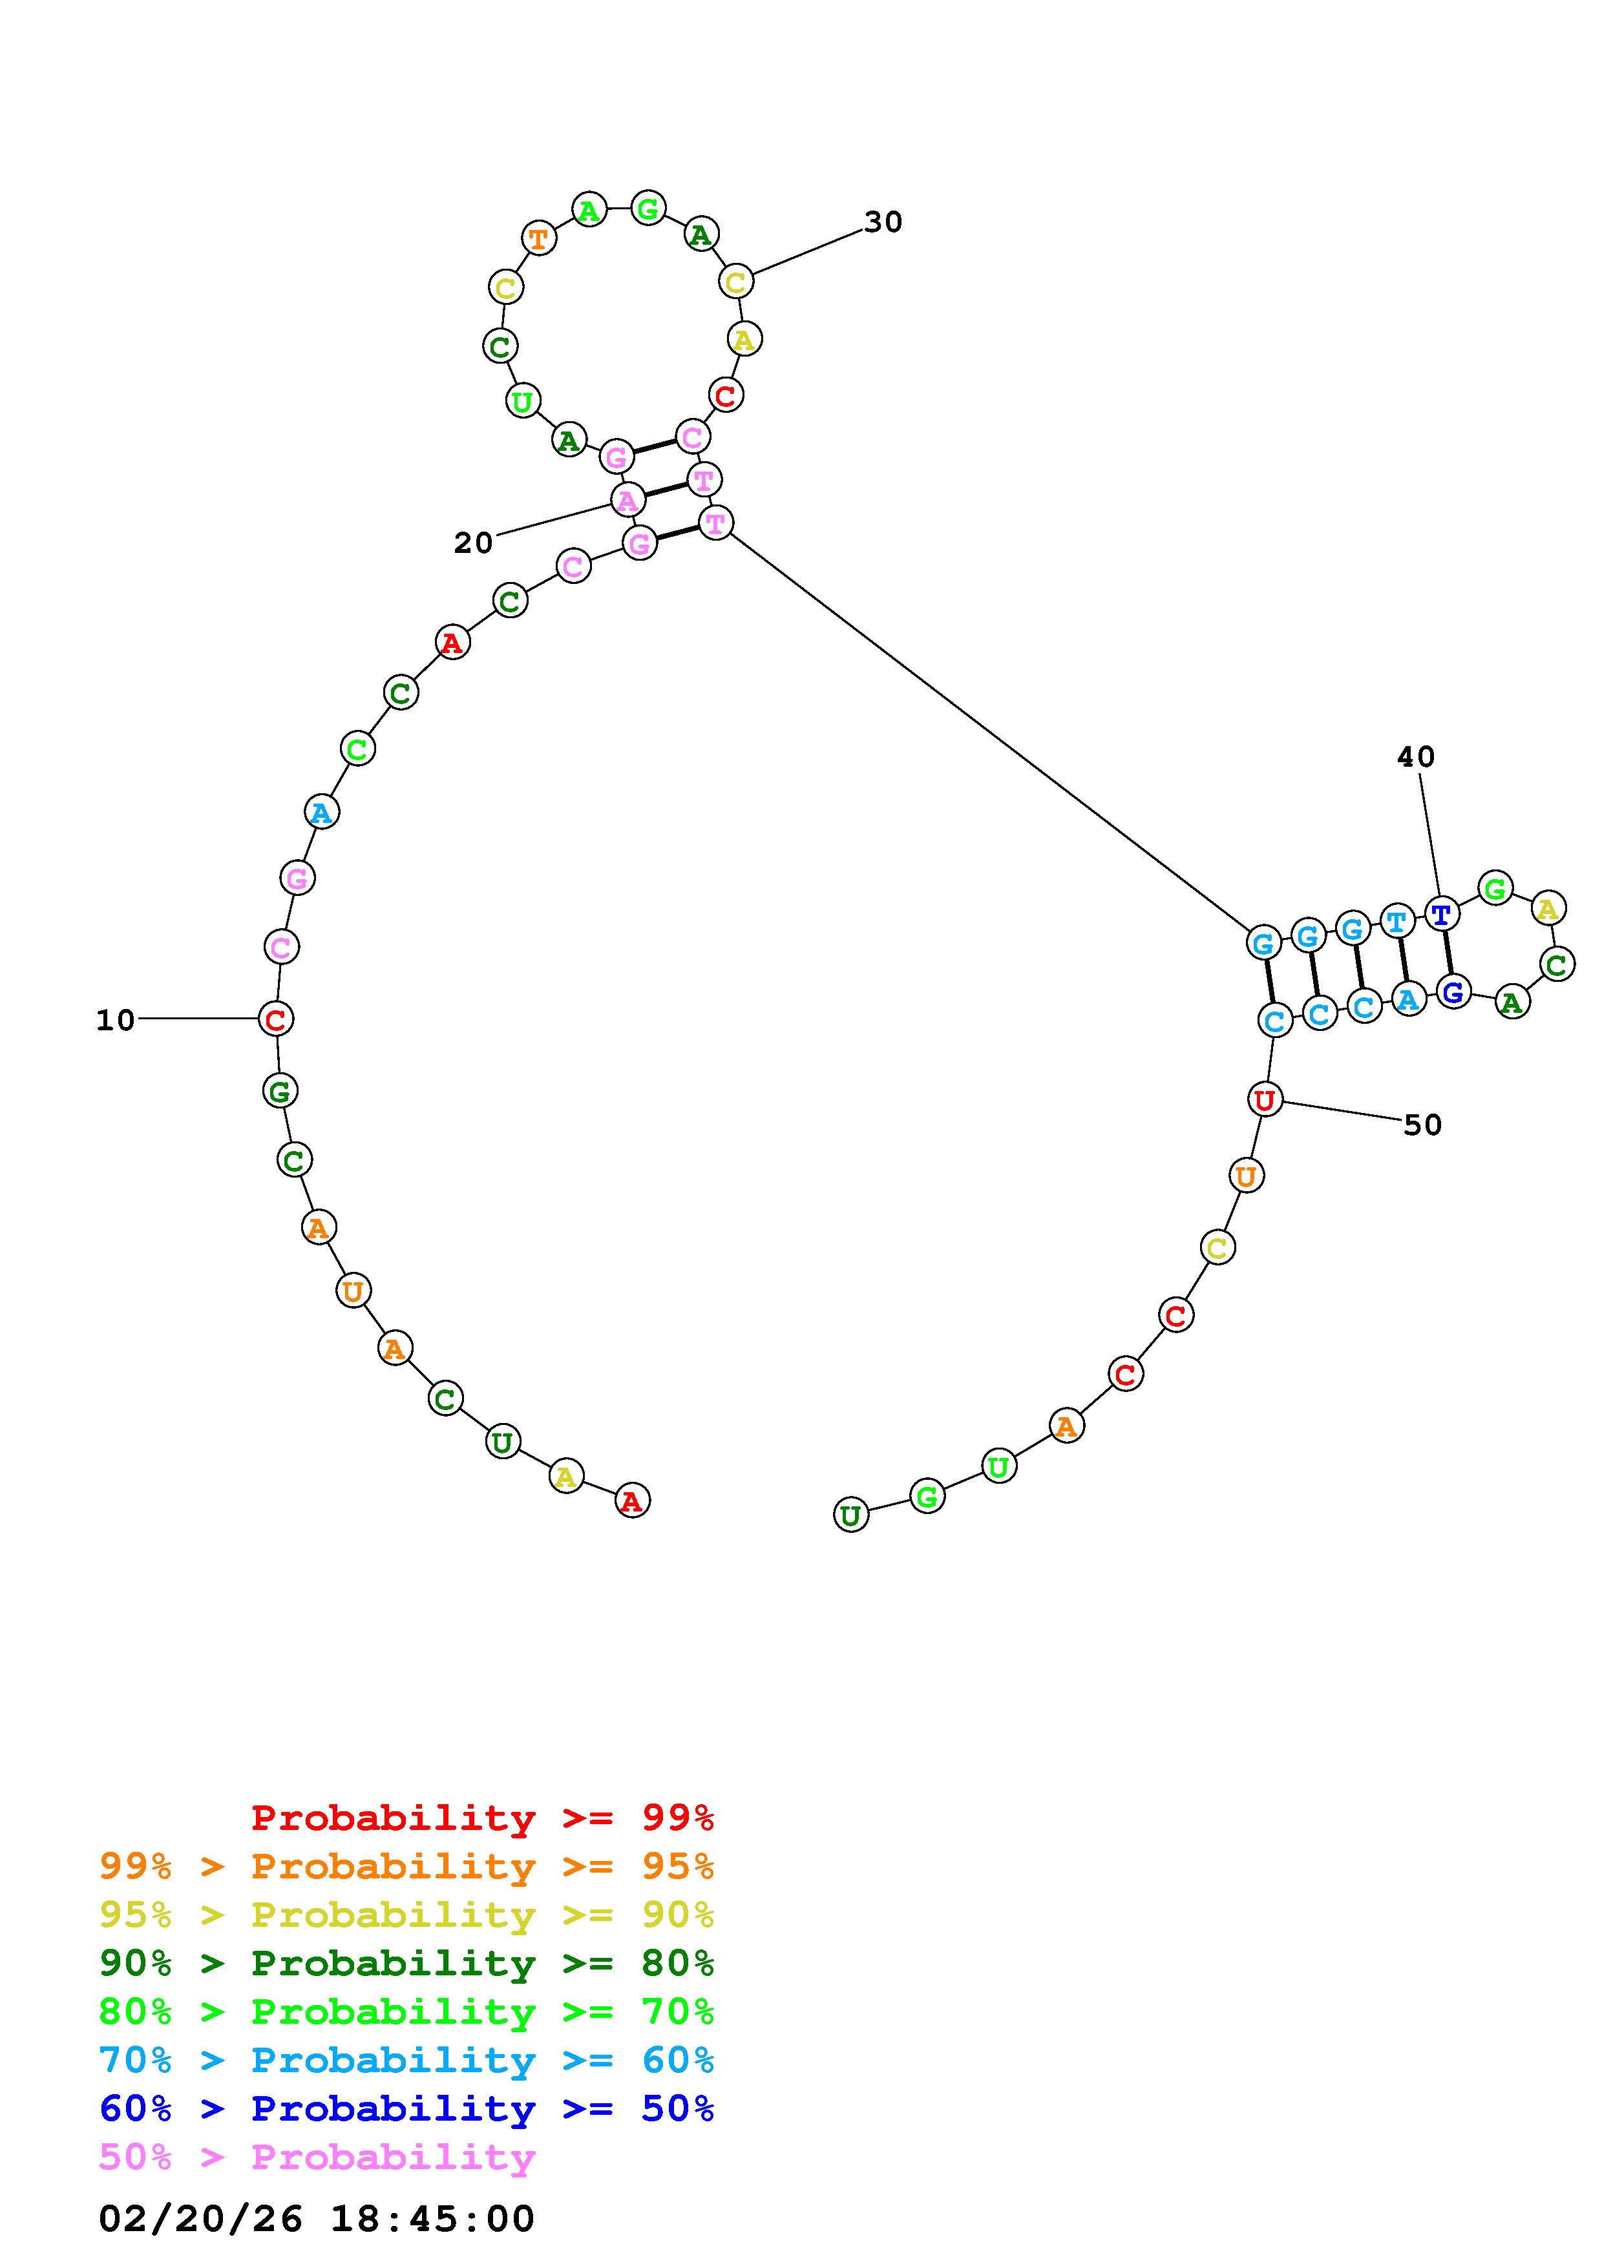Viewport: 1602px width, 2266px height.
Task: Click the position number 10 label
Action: click(x=116, y=1021)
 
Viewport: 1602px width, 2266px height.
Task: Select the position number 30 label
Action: click(x=883, y=222)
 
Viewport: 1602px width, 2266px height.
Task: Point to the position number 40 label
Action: click(x=1415, y=757)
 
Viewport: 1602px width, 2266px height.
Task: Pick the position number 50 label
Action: click(x=1422, y=1125)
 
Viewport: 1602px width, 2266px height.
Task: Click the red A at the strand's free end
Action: click(x=632, y=1501)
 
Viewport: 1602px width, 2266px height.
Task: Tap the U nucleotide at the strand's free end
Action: click(x=851, y=1514)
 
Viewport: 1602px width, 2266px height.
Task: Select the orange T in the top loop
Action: click(x=538, y=238)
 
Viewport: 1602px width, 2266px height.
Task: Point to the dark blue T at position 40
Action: click(x=1441, y=914)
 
